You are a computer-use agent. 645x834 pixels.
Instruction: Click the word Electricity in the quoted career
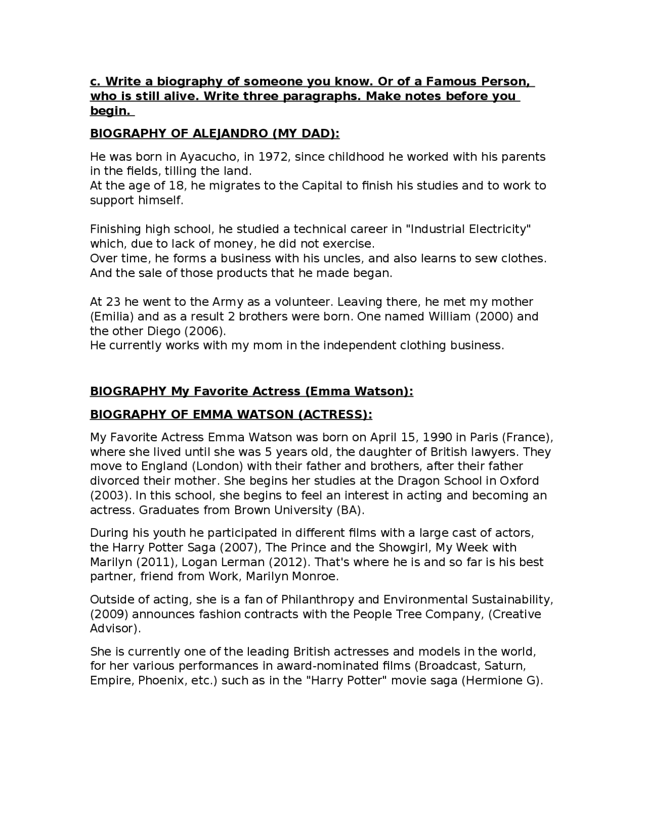point(497,229)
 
